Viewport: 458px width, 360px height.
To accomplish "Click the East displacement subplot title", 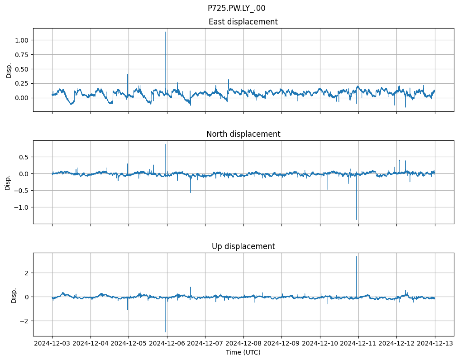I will click(243, 22).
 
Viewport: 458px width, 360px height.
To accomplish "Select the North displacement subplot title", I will click(243, 134).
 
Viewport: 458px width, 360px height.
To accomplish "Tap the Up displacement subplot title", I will click(243, 246).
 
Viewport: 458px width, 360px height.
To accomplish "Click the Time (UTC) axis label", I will click(243, 352).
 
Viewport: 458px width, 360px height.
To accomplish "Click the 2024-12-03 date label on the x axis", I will click(52, 344).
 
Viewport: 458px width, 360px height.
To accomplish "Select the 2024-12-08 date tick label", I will click(243, 344).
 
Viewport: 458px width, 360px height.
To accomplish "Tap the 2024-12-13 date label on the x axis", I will click(435, 344).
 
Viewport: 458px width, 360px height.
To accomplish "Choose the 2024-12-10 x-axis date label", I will click(320, 344).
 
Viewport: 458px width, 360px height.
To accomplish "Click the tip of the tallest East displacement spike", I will click(166, 32).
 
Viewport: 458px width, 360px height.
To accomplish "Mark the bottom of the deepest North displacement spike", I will click(356, 220).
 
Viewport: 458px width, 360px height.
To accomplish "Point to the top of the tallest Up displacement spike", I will click(356, 257).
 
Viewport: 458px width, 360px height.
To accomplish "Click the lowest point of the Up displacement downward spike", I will click(166, 332).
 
